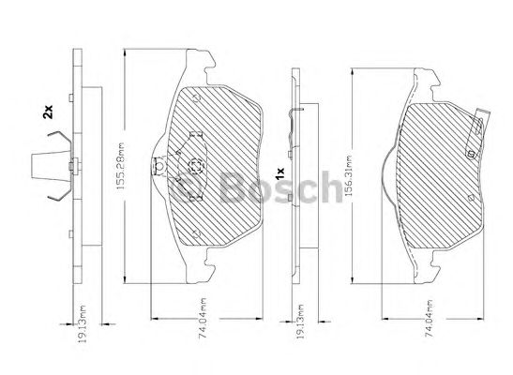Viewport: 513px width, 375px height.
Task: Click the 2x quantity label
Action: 48,112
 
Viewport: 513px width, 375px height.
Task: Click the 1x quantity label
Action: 280,173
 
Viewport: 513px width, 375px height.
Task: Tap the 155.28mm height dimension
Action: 120,167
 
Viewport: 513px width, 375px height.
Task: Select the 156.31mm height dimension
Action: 348,175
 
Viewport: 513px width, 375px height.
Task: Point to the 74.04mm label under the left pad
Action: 203,318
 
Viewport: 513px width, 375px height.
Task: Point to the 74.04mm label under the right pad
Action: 429,318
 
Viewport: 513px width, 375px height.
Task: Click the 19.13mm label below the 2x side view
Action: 83,323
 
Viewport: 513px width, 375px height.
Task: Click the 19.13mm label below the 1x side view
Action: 301,321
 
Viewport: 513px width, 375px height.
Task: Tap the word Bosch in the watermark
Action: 280,187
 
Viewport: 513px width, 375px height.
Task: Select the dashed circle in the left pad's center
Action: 196,165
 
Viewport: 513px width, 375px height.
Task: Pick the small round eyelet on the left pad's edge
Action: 159,166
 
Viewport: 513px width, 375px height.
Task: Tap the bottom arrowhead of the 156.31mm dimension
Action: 353,279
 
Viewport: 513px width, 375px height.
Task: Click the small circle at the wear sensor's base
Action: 471,153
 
